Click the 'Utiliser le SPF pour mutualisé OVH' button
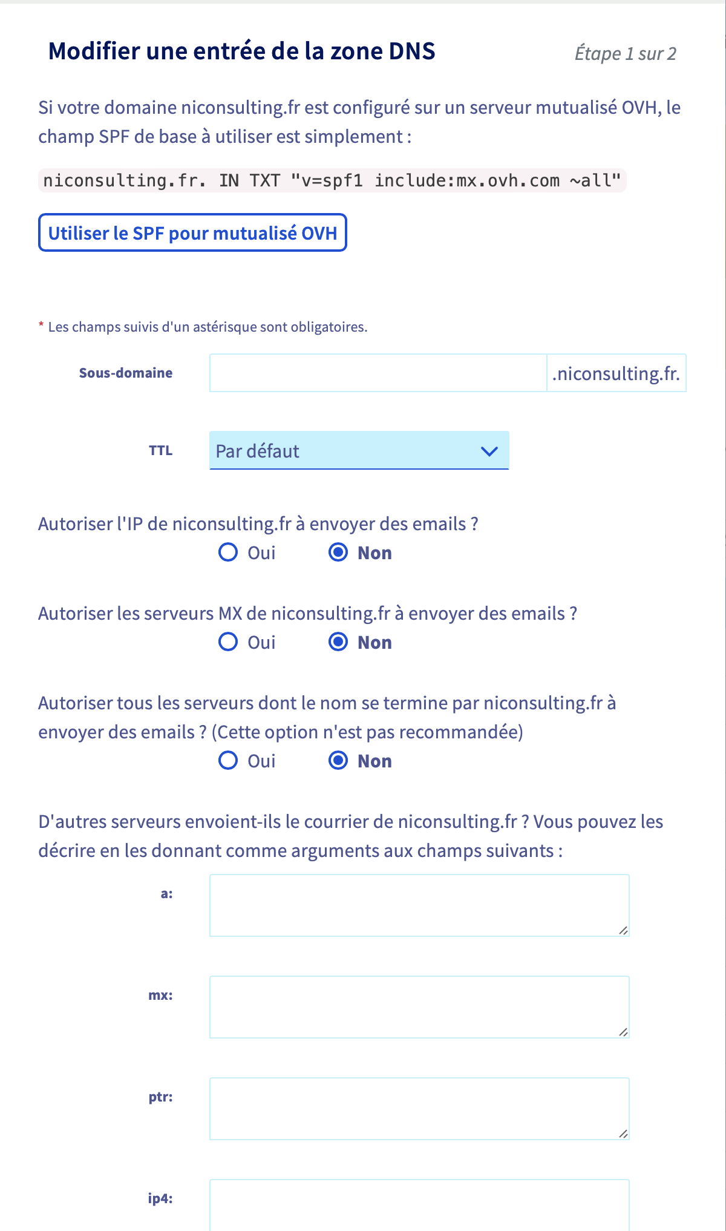click(x=192, y=233)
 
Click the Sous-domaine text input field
click(x=378, y=373)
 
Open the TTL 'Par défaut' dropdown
click(x=359, y=450)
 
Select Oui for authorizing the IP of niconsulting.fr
click(x=228, y=552)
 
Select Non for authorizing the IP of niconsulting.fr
click(x=338, y=552)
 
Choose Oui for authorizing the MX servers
click(x=228, y=642)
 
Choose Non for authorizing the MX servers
click(x=338, y=642)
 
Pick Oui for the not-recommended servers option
click(x=228, y=760)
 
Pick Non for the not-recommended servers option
click(x=338, y=760)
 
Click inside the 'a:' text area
click(x=419, y=905)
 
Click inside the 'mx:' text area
click(x=419, y=1006)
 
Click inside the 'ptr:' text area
click(x=419, y=1108)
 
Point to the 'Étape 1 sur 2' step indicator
click(x=625, y=53)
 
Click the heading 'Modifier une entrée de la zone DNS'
click(x=241, y=51)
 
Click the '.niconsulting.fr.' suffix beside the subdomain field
click(x=616, y=373)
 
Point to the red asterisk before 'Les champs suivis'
click(x=41, y=326)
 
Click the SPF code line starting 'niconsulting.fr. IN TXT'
click(x=332, y=180)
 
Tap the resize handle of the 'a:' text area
click(x=623, y=930)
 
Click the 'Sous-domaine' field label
click(x=126, y=373)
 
